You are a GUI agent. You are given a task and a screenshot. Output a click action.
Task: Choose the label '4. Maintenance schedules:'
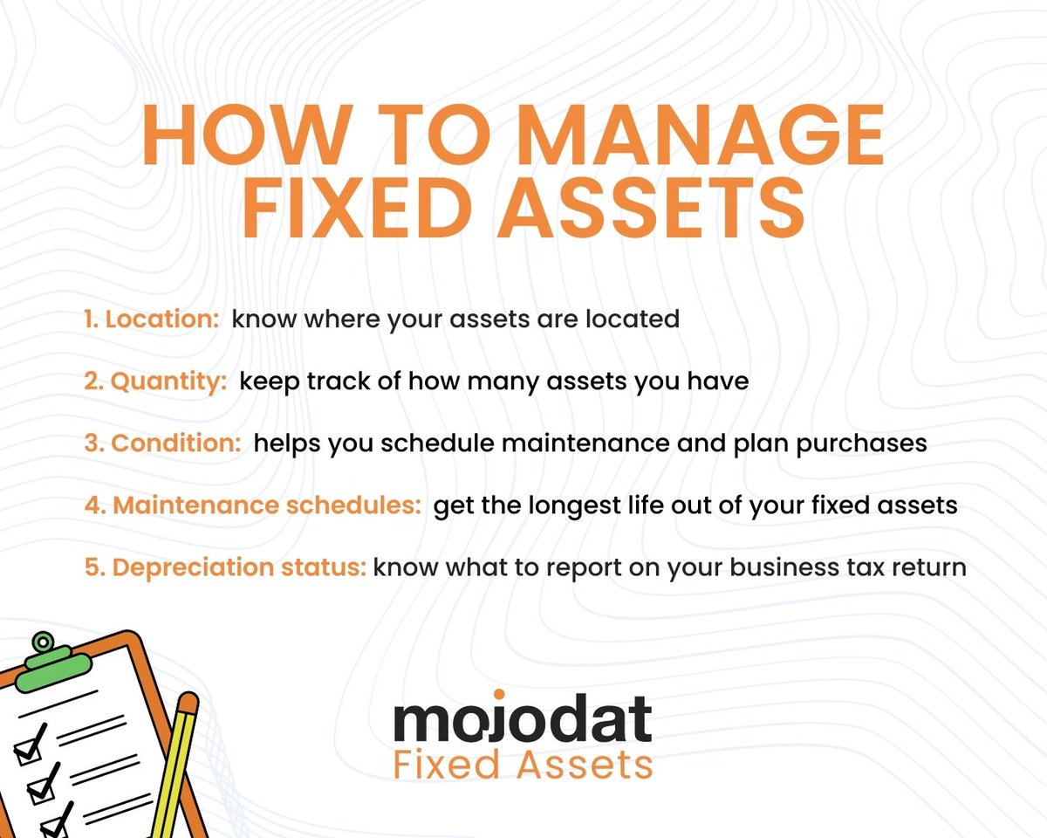coord(253,505)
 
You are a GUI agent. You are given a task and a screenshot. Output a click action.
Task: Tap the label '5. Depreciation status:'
coord(226,567)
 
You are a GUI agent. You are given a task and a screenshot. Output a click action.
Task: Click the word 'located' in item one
coord(634,319)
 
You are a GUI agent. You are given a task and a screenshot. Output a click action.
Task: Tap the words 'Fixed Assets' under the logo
coord(523,765)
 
